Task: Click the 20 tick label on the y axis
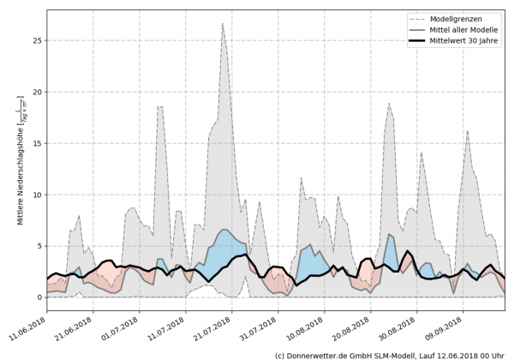(x=36, y=92)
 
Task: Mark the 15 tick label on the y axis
(x=36, y=143)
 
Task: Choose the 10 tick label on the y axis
(x=36, y=195)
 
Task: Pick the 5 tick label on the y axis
(x=39, y=246)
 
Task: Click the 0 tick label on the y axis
(x=39, y=297)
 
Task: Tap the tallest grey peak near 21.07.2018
(x=223, y=24)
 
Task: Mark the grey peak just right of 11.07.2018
(x=160, y=106)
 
